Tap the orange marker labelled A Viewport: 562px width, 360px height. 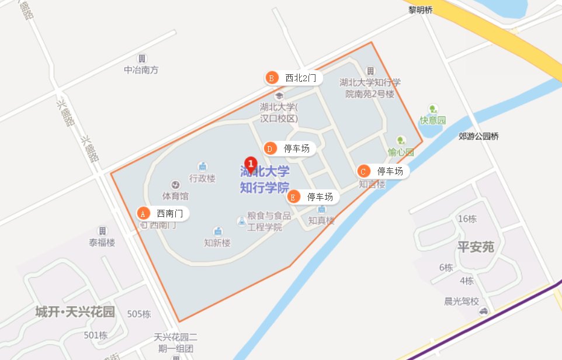tap(143, 214)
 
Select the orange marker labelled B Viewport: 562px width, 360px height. tap(271, 78)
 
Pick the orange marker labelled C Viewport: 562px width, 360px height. tap(363, 171)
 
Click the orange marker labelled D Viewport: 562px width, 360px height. tap(269, 148)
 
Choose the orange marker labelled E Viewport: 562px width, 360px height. tap(293, 197)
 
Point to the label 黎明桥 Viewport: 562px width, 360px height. tap(421, 9)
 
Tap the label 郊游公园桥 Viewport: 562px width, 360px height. tap(479, 137)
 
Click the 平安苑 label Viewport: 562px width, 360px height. tap(476, 247)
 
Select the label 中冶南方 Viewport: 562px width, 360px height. tap(141, 70)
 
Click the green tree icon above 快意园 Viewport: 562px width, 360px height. tap(432, 109)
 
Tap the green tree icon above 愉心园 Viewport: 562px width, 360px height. tap(401, 141)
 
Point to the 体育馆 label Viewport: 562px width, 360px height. tap(175, 196)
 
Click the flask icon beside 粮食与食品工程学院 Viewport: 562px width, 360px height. tap(241, 221)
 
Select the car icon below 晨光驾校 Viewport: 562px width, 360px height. tap(483, 311)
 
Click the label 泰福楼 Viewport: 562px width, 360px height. tap(102, 243)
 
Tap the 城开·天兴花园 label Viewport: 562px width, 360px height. tap(74, 311)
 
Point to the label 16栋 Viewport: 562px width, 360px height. tap(467, 219)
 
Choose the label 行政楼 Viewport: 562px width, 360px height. tap(202, 178)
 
